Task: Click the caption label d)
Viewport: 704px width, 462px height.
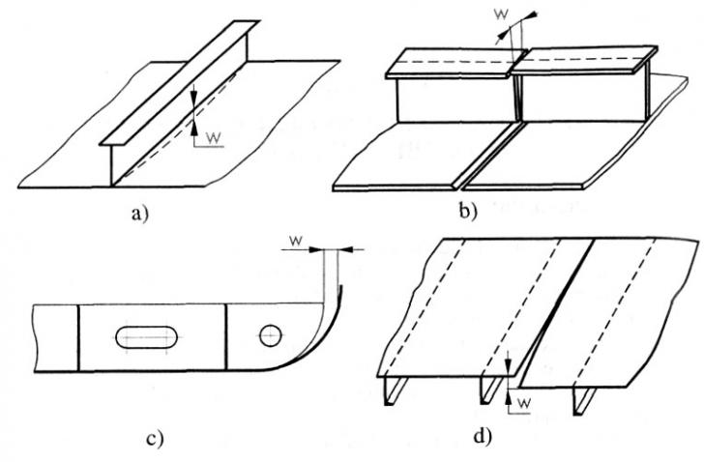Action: point(484,436)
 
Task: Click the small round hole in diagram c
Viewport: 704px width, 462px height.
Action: point(270,335)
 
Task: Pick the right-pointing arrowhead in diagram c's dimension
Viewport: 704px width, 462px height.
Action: point(317,248)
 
